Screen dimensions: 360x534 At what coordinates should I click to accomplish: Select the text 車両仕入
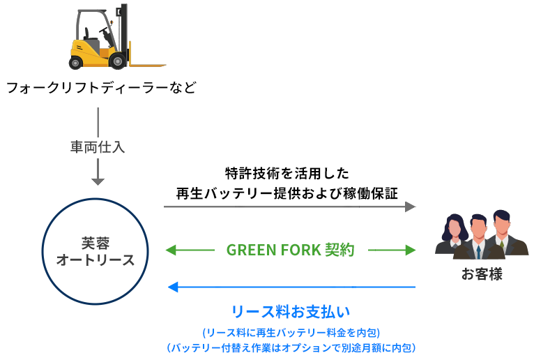[x=98, y=147]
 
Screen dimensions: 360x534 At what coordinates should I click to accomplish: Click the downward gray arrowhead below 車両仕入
[x=98, y=181]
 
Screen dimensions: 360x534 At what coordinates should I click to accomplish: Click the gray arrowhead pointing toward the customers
[x=410, y=207]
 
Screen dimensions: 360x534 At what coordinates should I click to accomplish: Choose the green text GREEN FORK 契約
[x=291, y=250]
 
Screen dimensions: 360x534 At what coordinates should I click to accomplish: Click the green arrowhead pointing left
[x=170, y=250]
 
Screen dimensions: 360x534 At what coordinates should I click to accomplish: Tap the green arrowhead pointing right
[x=410, y=250]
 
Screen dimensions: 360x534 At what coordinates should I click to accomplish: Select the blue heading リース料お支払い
[x=290, y=310]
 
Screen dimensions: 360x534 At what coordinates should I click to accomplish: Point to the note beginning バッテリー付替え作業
[x=290, y=347]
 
